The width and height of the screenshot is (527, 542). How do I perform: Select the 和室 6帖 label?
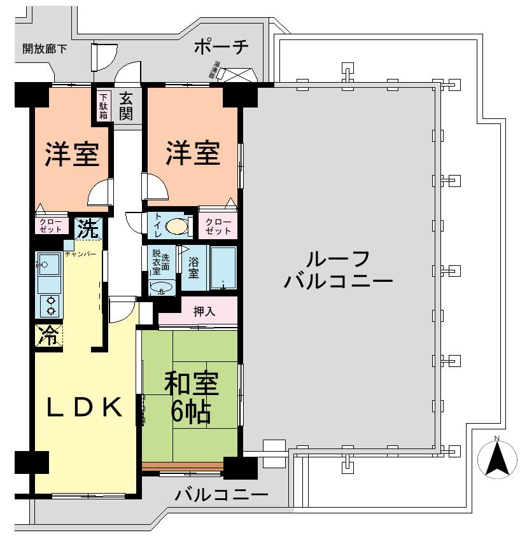pyautogui.click(x=190, y=397)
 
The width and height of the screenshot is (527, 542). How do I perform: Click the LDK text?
pyautogui.click(x=85, y=407)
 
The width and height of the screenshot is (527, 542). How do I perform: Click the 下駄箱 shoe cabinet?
pyautogui.click(x=103, y=106)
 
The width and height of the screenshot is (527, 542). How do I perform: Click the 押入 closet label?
pyautogui.click(x=204, y=311)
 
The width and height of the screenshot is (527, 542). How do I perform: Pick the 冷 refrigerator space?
pyautogui.click(x=48, y=335)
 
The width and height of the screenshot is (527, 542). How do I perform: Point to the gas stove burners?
pyautogui.click(x=49, y=306)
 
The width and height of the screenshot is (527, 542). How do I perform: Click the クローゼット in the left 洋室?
pyautogui.click(x=50, y=225)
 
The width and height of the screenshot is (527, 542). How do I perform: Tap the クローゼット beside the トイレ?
pyautogui.click(x=216, y=225)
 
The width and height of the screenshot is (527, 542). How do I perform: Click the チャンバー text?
pyautogui.click(x=80, y=254)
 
